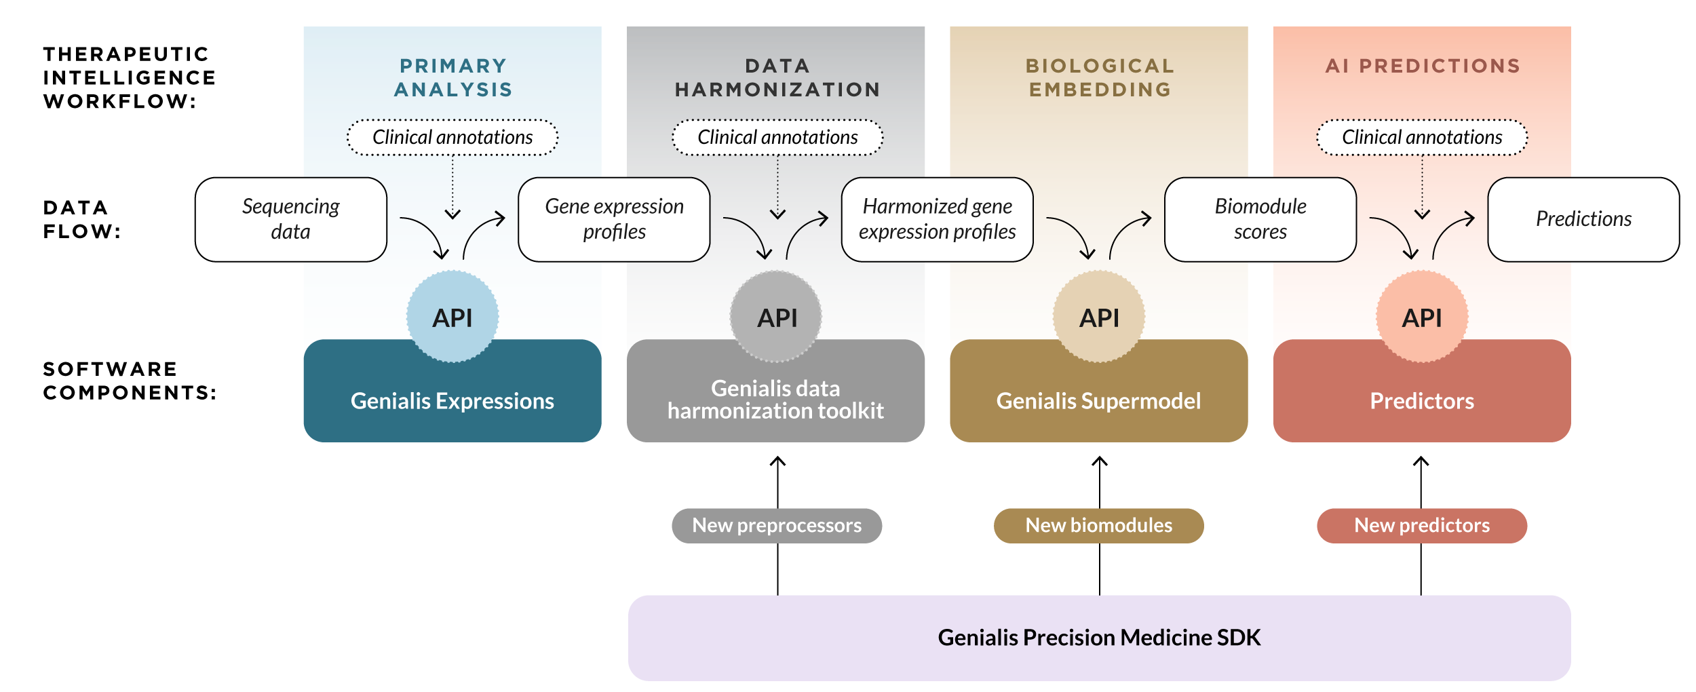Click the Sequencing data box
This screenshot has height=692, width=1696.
coord(290,219)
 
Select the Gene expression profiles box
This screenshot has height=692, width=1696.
coord(614,219)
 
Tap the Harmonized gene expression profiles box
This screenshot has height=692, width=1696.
coord(937,219)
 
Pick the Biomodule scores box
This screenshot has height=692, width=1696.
coord(1260,219)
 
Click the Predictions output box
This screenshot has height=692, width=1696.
coord(1583,219)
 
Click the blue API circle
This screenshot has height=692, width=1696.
coord(452,317)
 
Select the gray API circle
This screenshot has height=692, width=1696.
coord(776,317)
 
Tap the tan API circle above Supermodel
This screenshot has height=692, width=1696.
coord(1099,317)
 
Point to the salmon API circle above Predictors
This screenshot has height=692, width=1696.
coord(1422,317)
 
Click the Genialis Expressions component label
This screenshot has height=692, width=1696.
coord(452,401)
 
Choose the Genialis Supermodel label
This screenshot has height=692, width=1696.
coord(1098,401)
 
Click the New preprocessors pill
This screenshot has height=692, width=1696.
coord(777,526)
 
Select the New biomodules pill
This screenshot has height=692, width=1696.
coord(1098,526)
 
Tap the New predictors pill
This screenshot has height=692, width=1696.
coord(1422,526)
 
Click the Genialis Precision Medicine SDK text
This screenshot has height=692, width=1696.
coord(1099,638)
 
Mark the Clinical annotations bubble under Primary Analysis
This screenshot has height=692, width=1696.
coord(452,138)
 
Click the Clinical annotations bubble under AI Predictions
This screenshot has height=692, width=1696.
coord(1422,138)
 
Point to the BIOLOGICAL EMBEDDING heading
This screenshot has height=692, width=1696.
coord(1100,77)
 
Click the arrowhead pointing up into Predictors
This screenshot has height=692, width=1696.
coord(1421,461)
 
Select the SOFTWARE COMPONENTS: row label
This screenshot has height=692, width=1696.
coord(130,381)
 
